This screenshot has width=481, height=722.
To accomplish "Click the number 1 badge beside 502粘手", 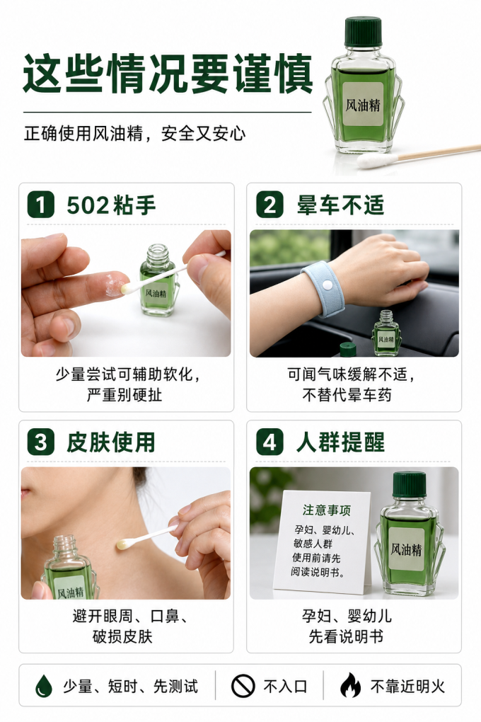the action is (40, 205).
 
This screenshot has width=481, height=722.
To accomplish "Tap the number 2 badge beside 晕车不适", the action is (270, 205).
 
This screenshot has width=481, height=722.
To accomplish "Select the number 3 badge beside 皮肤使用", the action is (40, 442).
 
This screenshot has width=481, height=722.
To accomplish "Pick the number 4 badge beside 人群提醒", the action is (270, 442).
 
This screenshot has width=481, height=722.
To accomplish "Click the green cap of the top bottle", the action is (363, 32).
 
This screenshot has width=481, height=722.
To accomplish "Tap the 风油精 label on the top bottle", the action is (363, 105).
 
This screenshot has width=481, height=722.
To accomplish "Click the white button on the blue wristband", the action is (327, 285).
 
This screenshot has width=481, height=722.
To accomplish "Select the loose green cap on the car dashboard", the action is (348, 350).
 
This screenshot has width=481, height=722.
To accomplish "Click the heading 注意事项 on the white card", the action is (326, 510).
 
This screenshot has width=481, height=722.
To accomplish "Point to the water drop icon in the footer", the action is (44, 686).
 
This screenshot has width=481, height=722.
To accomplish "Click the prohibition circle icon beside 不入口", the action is (243, 686).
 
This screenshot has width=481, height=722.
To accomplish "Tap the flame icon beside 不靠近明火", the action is (350, 686).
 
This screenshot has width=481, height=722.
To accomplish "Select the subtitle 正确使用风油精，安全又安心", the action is (134, 134).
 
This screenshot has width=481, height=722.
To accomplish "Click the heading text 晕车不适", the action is (340, 205).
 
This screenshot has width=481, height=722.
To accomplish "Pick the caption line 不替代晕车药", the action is (347, 395).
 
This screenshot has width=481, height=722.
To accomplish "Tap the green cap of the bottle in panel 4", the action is (409, 484).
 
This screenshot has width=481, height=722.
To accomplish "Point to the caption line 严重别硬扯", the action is (124, 395).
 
